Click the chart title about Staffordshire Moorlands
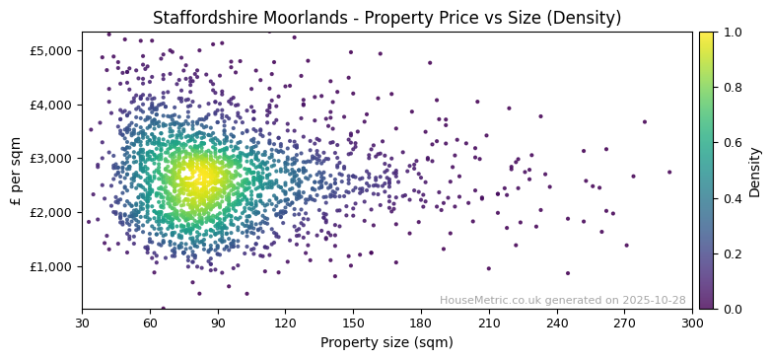pos(386,18)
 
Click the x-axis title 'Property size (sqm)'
pos(386,343)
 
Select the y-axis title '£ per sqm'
pos(17,171)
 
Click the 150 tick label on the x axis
pos(353,323)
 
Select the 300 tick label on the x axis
pos(692,323)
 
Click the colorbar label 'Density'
pos(755,171)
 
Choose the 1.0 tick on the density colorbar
pos(731,32)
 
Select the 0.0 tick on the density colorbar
pos(731,309)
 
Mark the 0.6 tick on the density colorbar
pos(731,143)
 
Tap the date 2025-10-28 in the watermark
pos(657,300)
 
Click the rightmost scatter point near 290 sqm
pos(669,172)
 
